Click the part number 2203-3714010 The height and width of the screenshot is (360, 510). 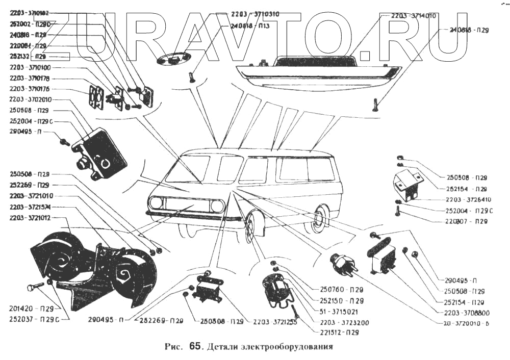(x=414, y=16)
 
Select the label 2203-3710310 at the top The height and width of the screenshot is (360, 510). (x=254, y=14)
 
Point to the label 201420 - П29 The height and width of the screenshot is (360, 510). (x=31, y=308)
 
